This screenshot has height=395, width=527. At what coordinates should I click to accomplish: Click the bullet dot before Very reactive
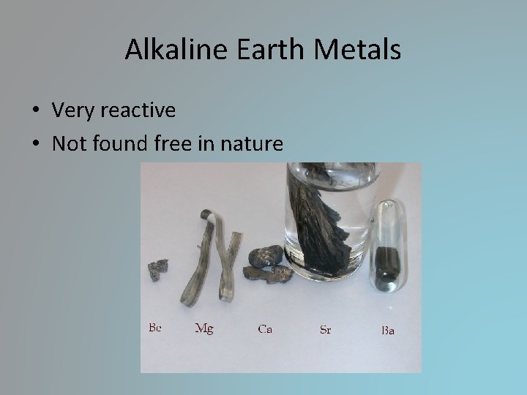pos(36,111)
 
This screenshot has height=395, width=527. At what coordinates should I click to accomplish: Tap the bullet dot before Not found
pos(36,145)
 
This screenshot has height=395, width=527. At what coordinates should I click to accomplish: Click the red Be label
pos(154,328)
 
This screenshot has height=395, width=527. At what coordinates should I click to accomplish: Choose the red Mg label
pos(203,328)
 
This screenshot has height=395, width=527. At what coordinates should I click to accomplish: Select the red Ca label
pos(265,329)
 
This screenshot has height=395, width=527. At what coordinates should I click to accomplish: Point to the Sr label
pos(325,329)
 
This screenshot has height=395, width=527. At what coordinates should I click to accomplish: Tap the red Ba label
pos(388,330)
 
